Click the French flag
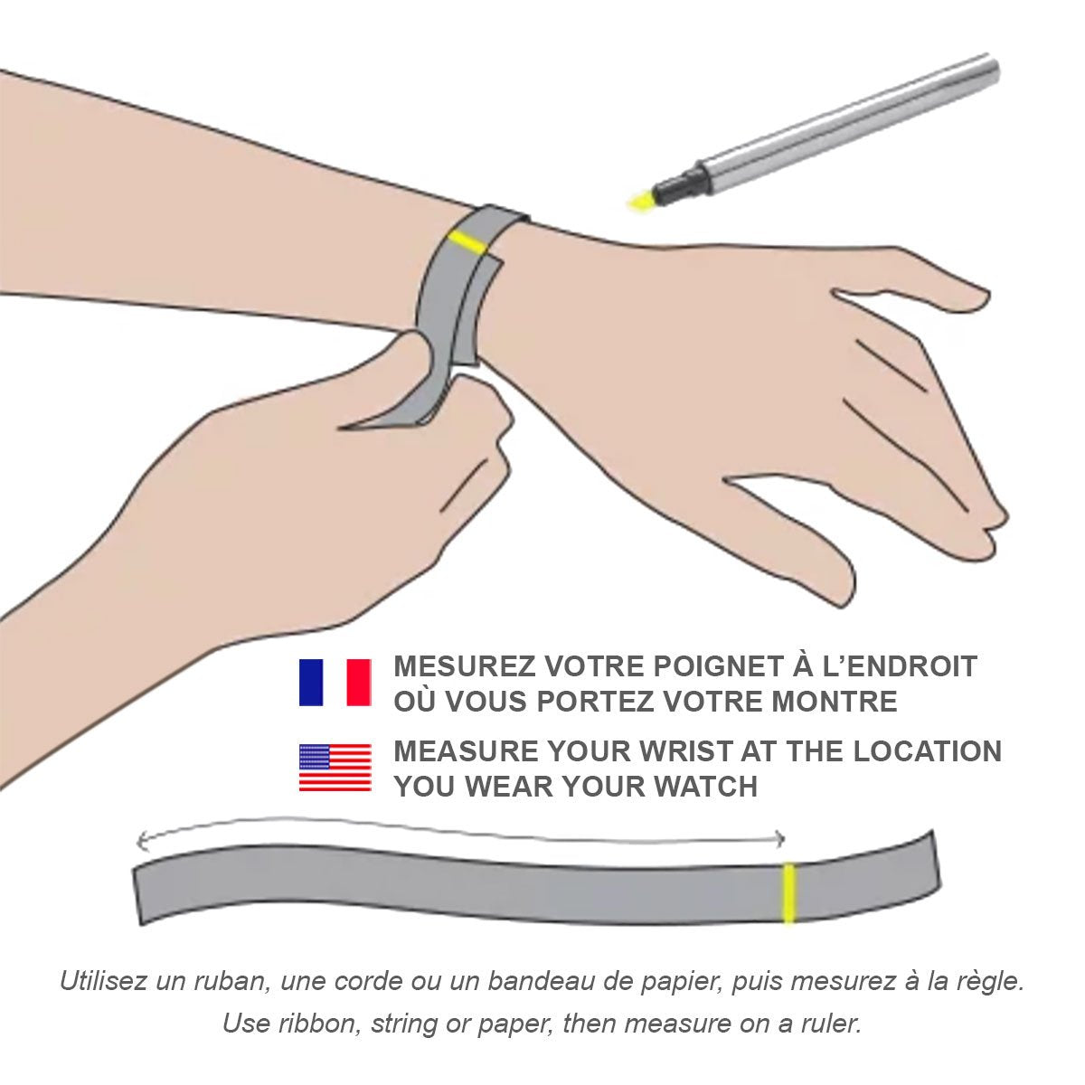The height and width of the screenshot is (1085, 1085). click(335, 682)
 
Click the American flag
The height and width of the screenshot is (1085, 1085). click(335, 767)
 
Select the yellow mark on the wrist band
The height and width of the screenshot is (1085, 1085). click(467, 242)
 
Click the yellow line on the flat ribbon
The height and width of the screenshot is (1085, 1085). click(788, 893)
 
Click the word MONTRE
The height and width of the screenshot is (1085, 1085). click(835, 702)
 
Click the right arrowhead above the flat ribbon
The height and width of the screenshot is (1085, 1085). click(778, 839)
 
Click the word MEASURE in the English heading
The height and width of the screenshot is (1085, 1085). click(466, 751)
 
